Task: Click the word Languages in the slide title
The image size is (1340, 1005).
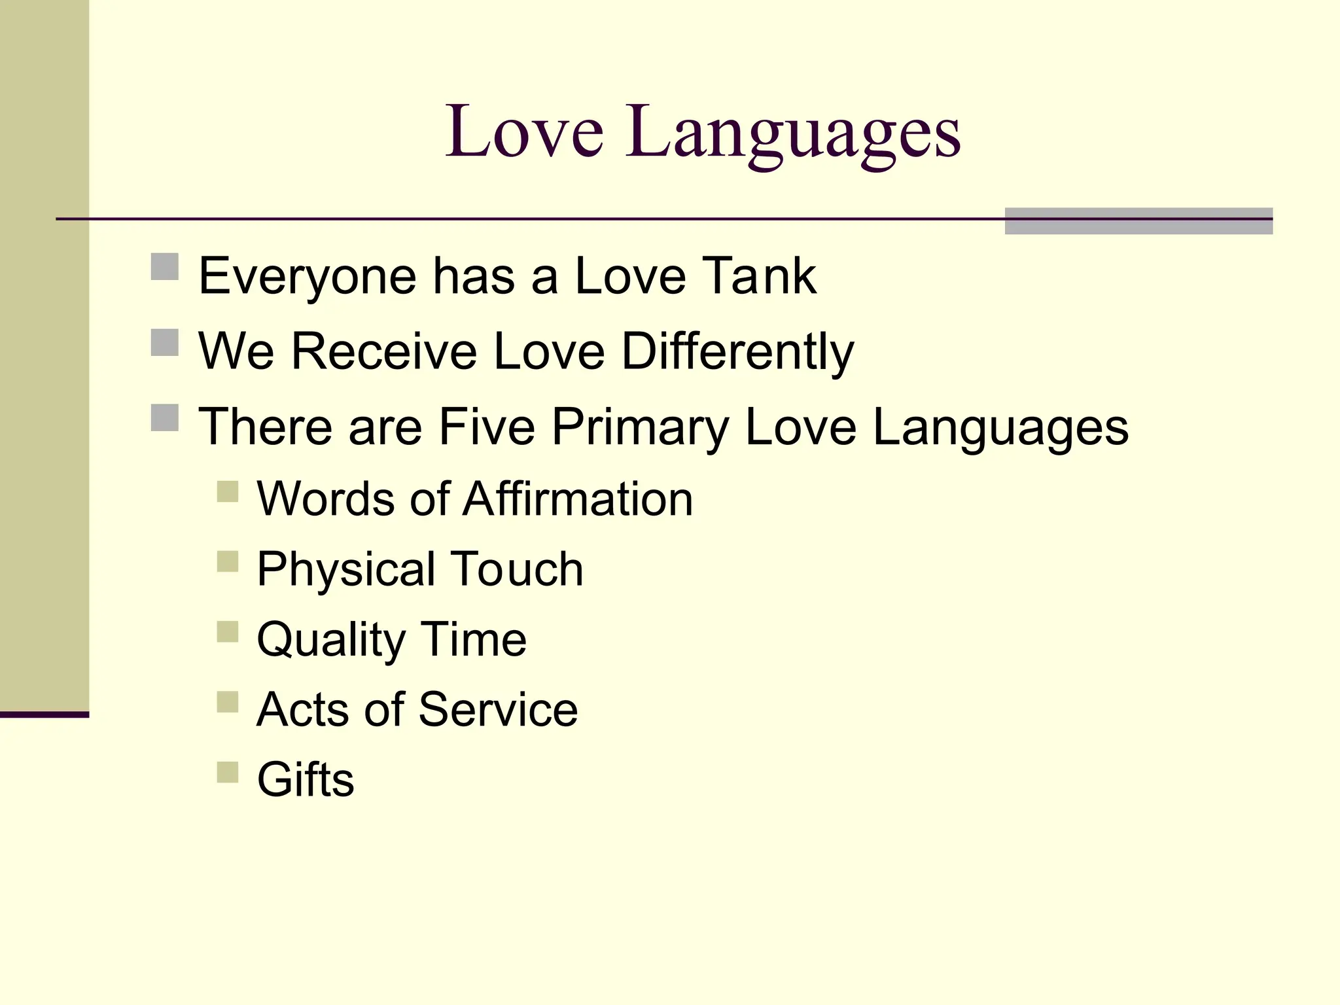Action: (x=793, y=135)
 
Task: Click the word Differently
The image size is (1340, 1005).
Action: (x=737, y=353)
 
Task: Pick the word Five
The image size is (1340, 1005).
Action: (x=487, y=427)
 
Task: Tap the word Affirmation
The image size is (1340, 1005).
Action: (x=578, y=499)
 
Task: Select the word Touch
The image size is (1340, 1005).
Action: (x=517, y=569)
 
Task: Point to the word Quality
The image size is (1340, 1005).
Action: (x=331, y=641)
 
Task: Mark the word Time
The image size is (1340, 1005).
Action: (x=473, y=639)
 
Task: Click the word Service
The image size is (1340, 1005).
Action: (x=498, y=709)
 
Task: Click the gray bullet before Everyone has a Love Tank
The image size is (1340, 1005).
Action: (x=165, y=267)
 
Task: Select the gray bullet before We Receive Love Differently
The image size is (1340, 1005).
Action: (x=165, y=342)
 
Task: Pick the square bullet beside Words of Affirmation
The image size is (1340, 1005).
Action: (x=228, y=491)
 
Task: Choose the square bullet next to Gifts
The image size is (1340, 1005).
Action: (x=228, y=772)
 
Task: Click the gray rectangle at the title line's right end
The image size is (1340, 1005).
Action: (x=1138, y=221)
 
